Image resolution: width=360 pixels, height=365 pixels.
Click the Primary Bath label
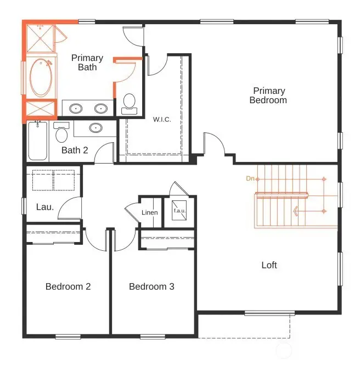(x=87, y=63)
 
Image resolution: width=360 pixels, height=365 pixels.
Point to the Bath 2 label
(x=75, y=150)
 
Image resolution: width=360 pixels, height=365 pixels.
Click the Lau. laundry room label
(x=44, y=207)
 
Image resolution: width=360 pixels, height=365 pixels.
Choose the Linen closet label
(x=150, y=212)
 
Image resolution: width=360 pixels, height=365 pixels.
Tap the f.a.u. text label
(x=180, y=210)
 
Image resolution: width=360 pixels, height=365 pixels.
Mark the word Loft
(x=269, y=265)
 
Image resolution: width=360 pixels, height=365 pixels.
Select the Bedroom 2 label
(x=68, y=287)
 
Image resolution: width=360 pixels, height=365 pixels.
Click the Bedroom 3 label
(x=151, y=287)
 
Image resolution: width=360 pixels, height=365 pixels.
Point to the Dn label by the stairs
(x=250, y=178)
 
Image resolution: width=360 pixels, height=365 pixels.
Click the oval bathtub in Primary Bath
(x=40, y=77)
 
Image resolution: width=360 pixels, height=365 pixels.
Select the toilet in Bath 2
(x=61, y=132)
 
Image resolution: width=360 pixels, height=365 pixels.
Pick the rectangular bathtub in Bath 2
(x=37, y=141)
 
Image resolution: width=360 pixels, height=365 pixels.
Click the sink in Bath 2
(x=95, y=128)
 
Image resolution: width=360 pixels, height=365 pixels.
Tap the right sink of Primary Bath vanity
(x=100, y=108)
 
